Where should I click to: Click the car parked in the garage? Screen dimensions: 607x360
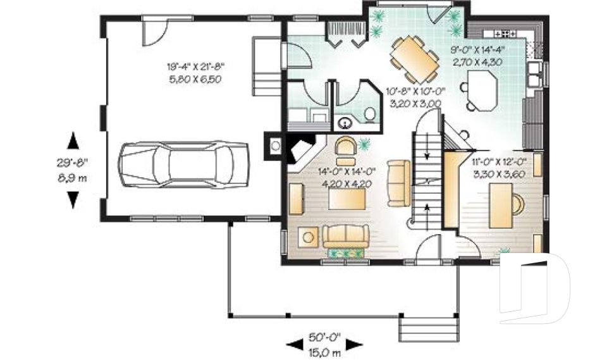pyautogui.click(x=183, y=164)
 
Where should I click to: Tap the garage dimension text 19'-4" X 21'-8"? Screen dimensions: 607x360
pyautogui.click(x=196, y=66)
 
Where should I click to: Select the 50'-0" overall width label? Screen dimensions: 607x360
pyautogui.click(x=324, y=337)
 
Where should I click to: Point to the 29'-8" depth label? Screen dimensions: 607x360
pyautogui.click(x=72, y=163)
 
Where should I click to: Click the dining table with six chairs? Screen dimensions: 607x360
pyautogui.click(x=415, y=59)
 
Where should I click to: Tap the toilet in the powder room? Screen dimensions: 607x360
pyautogui.click(x=370, y=114)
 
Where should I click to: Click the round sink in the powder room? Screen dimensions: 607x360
pyautogui.click(x=345, y=123)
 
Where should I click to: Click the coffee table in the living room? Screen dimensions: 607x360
pyautogui.click(x=347, y=199)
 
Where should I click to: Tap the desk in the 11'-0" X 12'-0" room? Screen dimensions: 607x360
pyautogui.click(x=501, y=206)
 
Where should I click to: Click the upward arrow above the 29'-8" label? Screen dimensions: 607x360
pyautogui.click(x=73, y=140)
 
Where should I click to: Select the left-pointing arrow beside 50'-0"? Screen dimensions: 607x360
pyautogui.click(x=295, y=344)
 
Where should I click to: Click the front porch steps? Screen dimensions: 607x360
pyautogui.click(x=429, y=330)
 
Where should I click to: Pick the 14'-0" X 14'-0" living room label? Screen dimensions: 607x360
pyautogui.click(x=347, y=171)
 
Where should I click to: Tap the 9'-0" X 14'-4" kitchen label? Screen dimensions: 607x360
pyautogui.click(x=478, y=49)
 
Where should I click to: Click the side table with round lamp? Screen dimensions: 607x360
pyautogui.click(x=308, y=237)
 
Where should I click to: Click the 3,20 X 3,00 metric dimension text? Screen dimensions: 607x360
pyautogui.click(x=415, y=104)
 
